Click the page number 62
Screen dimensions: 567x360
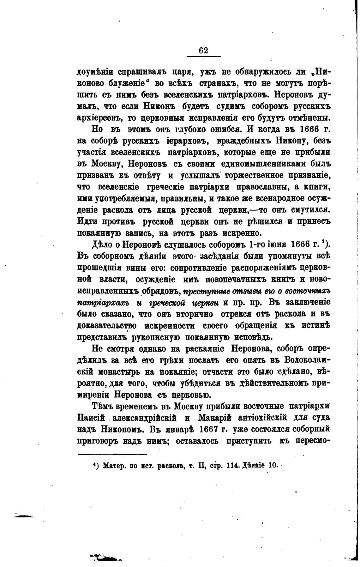203,51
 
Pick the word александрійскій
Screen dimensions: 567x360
144,418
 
